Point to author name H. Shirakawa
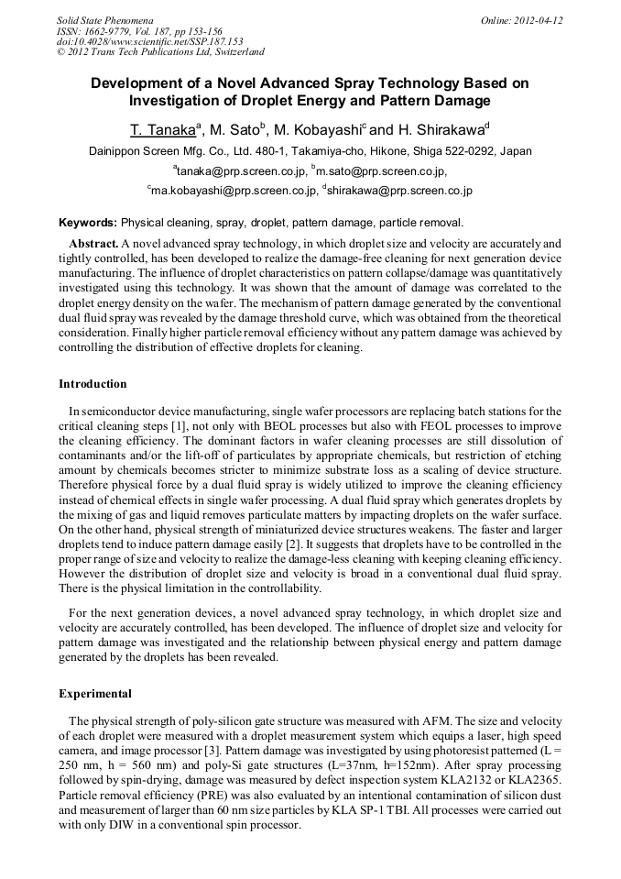click(x=440, y=129)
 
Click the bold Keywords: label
click(x=88, y=222)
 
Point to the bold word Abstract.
click(x=93, y=244)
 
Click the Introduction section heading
click(x=93, y=383)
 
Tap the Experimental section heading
click(x=95, y=693)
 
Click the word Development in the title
click(x=142, y=82)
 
